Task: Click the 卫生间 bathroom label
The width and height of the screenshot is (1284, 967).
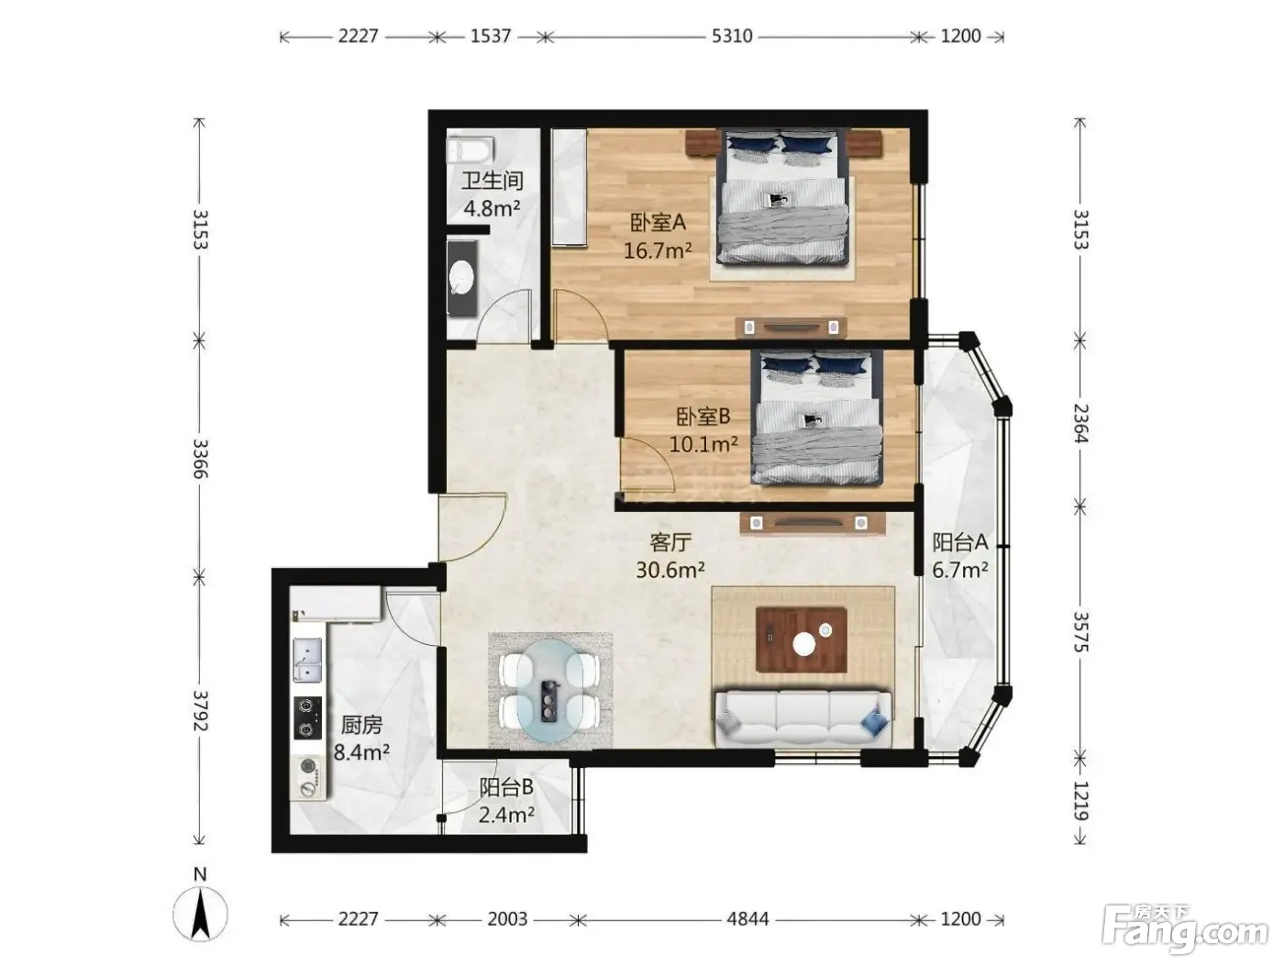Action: [492, 180]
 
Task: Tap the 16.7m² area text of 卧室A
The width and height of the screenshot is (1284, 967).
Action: [658, 251]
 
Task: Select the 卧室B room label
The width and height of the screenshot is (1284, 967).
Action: [703, 417]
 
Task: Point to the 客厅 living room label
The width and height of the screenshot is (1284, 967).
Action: [670, 542]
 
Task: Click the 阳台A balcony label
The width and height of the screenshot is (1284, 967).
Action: [960, 542]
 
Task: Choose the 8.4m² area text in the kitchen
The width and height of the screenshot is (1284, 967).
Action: [361, 751]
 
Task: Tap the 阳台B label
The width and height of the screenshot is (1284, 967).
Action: [506, 787]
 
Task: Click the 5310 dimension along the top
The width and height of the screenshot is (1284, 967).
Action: [732, 37]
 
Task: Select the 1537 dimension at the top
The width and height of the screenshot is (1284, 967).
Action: [491, 37]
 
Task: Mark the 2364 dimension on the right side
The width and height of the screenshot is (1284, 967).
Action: [1080, 423]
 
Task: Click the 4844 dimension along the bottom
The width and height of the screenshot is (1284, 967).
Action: [747, 919]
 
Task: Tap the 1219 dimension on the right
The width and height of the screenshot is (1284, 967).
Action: [1080, 800]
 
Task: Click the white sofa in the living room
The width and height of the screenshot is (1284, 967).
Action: [802, 719]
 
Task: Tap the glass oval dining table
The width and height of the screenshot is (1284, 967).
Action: [550, 690]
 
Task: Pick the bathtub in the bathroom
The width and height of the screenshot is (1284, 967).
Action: [470, 150]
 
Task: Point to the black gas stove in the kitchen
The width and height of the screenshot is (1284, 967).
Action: [307, 717]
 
